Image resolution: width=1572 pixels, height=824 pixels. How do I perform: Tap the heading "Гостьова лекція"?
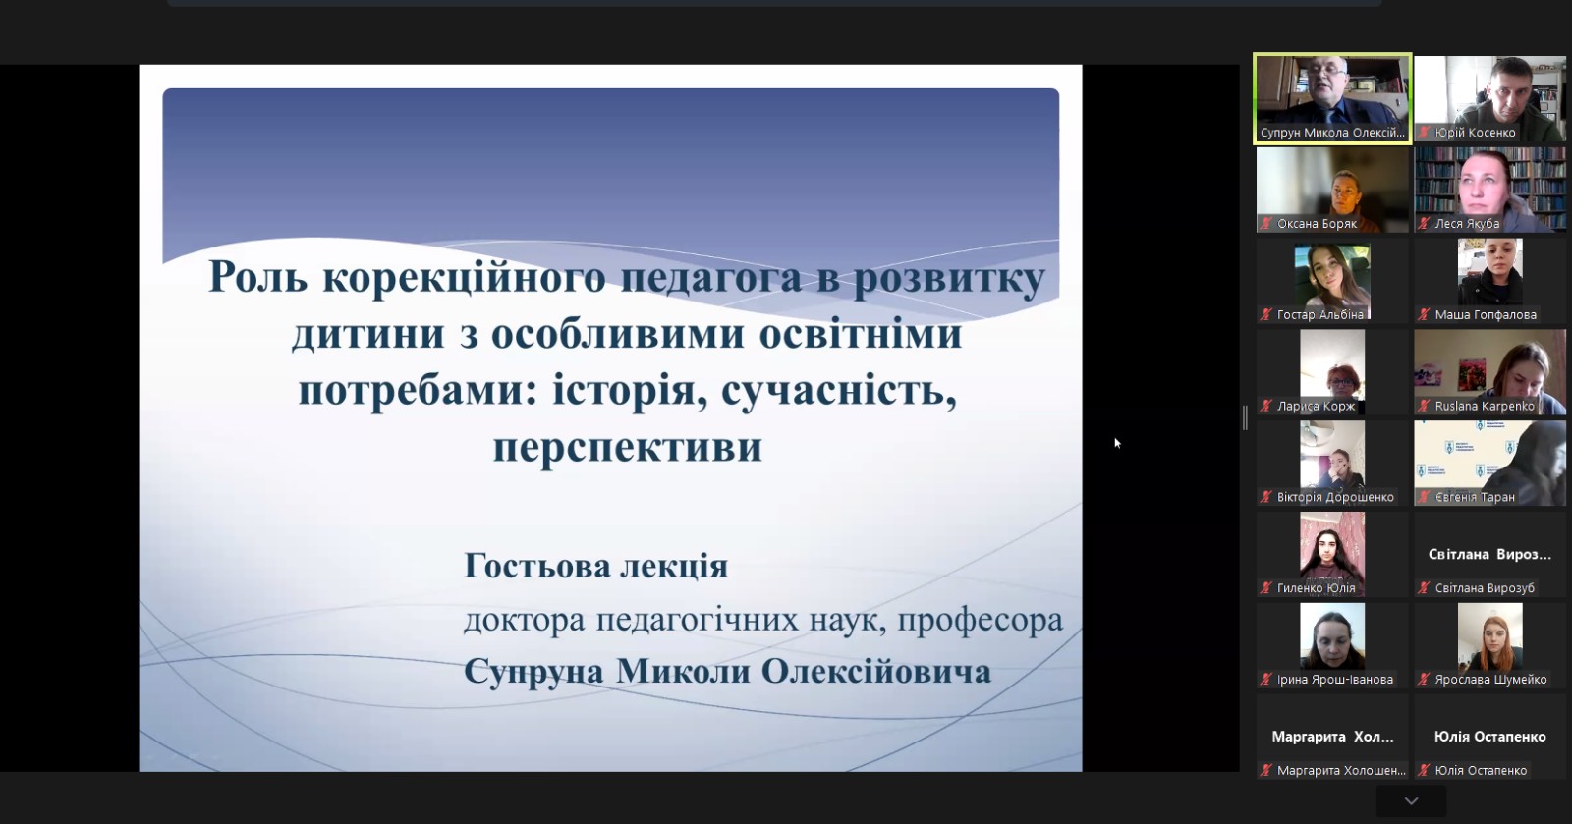(595, 566)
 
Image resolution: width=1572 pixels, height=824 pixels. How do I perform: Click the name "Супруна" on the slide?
(533, 671)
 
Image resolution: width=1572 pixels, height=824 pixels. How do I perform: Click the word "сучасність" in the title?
(839, 391)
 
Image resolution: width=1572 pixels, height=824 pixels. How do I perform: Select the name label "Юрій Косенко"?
(1475, 133)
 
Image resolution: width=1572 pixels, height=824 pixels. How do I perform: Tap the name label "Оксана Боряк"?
(1317, 224)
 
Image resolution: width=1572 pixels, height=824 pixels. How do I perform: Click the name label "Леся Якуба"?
(1467, 224)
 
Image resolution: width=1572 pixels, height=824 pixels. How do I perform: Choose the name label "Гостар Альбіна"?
(1320, 315)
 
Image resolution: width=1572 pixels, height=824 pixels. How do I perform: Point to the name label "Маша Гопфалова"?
(1485, 315)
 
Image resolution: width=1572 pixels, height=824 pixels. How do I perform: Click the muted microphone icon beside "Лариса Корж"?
(1266, 406)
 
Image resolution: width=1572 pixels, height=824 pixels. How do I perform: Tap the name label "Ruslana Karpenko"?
(1485, 406)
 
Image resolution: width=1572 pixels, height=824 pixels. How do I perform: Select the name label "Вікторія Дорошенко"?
(1335, 497)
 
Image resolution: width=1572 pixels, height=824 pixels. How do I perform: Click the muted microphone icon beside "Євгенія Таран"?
(1424, 497)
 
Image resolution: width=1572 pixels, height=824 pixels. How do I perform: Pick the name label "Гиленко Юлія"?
(1316, 588)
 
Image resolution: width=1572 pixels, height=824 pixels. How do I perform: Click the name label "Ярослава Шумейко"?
(1490, 680)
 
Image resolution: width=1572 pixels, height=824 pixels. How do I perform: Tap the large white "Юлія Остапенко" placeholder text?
(1489, 737)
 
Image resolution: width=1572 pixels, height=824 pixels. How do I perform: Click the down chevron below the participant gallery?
(1411, 800)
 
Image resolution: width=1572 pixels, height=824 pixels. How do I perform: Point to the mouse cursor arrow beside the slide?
(1117, 443)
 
